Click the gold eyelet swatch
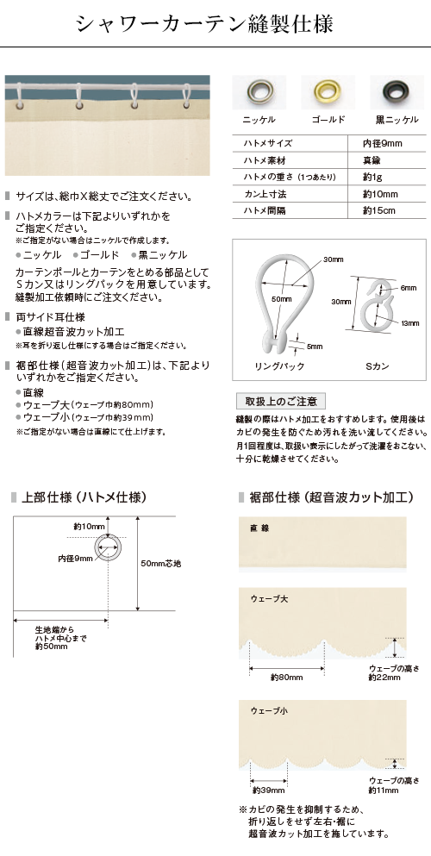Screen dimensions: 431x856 point(328,91)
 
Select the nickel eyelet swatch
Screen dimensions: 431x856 point(259,91)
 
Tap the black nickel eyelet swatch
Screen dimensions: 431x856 point(397,91)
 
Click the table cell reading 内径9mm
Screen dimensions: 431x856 point(383,144)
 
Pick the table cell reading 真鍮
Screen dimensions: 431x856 point(372,160)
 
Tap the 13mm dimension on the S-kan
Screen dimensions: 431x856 point(410,323)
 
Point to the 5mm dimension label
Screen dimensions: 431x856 point(315,347)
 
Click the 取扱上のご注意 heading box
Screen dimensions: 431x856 point(281,401)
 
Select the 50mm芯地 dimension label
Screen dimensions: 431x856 point(160,564)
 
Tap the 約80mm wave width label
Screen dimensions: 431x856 point(286,678)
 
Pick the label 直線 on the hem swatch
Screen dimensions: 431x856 point(259,528)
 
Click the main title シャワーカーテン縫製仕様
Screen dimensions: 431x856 point(204,24)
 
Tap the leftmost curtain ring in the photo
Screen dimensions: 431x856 point(22,97)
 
